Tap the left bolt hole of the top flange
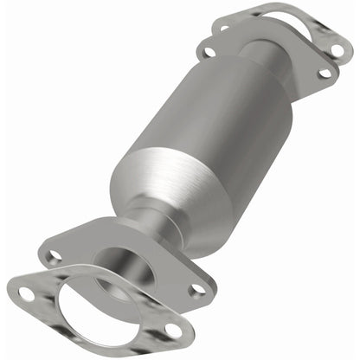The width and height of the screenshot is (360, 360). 207,52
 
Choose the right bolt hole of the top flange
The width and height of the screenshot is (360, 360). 325,74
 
